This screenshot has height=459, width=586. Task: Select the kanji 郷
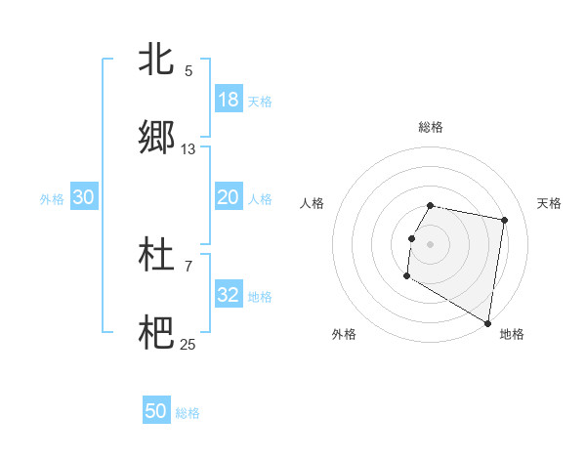(155, 138)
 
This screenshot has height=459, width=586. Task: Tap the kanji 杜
(155, 254)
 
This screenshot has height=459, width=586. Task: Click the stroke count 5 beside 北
(188, 71)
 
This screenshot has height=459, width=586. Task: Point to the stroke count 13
(188, 149)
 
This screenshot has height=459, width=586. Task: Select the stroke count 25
(188, 344)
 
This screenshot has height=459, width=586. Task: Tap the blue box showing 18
(229, 100)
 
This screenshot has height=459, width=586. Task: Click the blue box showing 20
(229, 197)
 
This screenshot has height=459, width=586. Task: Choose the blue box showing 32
(229, 295)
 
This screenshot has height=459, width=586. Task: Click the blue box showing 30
(84, 197)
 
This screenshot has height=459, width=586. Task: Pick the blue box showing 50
(156, 412)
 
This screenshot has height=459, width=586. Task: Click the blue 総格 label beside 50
(188, 413)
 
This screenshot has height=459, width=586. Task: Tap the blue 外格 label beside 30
(52, 198)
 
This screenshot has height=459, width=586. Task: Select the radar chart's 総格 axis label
(431, 127)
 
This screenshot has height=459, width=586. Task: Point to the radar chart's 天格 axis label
(549, 203)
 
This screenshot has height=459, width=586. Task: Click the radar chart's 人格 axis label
(313, 203)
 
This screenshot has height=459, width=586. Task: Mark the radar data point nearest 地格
(487, 323)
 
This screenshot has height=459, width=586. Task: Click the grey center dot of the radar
(431, 243)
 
